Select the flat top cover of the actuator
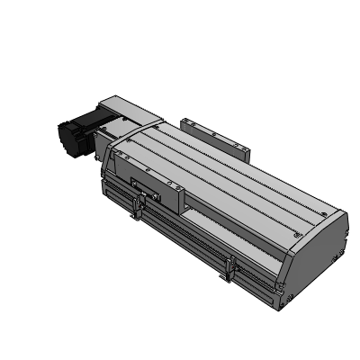click(x=225, y=180)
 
